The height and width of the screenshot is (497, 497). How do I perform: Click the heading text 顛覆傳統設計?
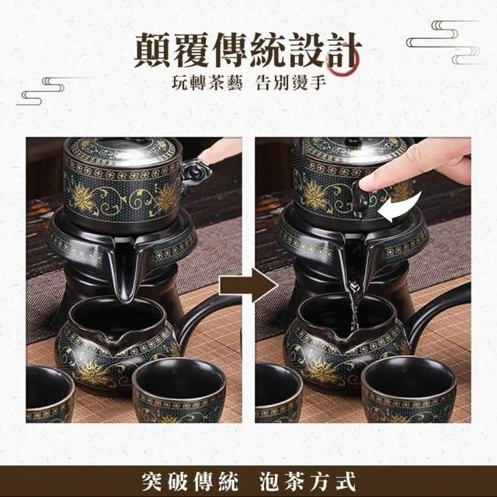(247, 50)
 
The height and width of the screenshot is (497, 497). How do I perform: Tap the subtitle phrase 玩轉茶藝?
(207, 83)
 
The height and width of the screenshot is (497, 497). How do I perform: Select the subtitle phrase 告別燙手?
(290, 83)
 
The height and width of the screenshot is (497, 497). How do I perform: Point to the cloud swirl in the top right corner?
(443, 42)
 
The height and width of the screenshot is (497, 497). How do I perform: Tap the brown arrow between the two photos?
(248, 285)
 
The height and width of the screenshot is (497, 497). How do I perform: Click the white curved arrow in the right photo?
(400, 207)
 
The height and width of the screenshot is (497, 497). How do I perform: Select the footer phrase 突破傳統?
(189, 481)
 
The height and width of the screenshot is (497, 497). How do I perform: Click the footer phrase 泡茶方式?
(308, 481)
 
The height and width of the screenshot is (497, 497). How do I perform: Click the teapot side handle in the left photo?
(196, 175)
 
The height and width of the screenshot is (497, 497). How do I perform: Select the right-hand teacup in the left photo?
(179, 390)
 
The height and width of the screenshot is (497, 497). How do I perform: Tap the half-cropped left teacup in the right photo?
(277, 393)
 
